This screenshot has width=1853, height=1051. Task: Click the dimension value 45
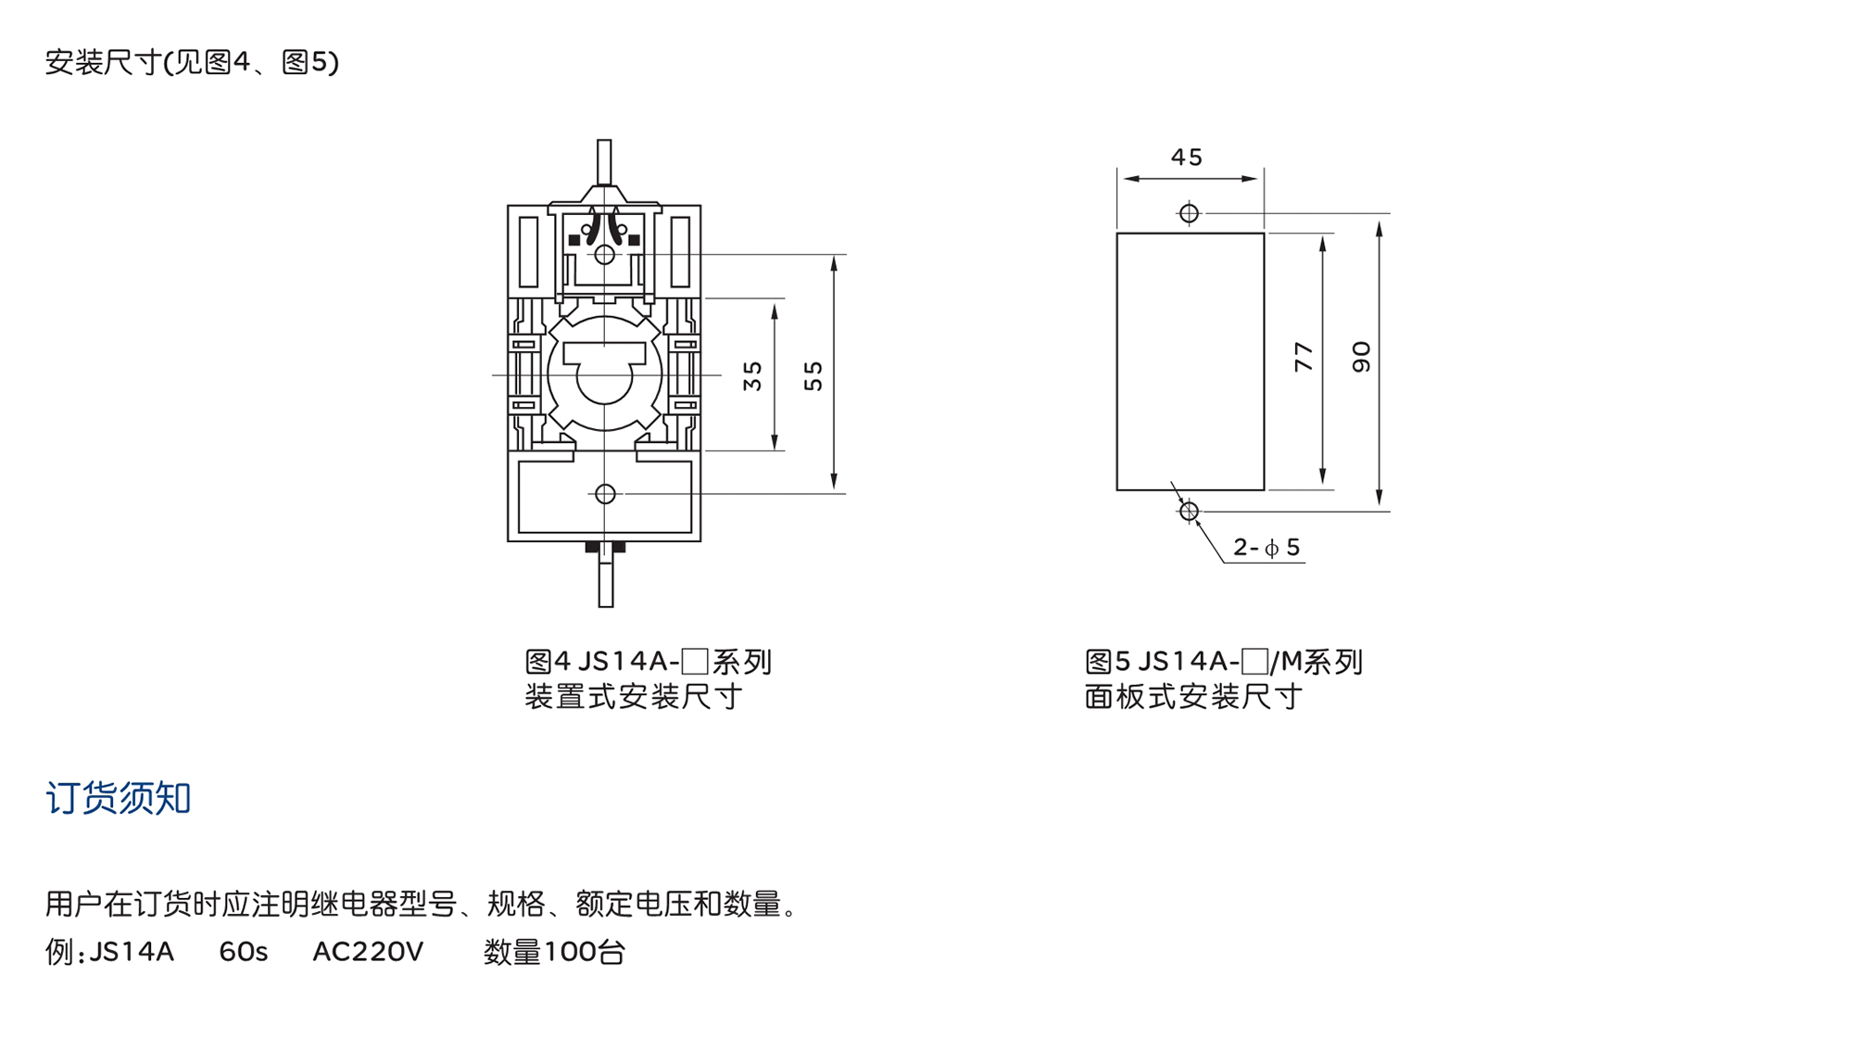click(1186, 158)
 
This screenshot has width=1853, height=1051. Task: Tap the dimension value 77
click(1304, 357)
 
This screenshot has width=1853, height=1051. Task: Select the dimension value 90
click(1360, 357)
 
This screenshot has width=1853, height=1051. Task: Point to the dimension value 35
click(752, 375)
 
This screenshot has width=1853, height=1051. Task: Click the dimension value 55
click(813, 375)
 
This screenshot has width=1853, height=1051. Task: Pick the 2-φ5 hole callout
click(1267, 548)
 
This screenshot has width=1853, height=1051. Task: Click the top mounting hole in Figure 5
click(1189, 213)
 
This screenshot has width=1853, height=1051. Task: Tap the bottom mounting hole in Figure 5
click(1189, 511)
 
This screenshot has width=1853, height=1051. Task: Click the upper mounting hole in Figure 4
click(604, 254)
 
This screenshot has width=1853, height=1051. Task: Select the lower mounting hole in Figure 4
click(605, 494)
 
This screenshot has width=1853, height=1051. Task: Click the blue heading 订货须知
click(119, 798)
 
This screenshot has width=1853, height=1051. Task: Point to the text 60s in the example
click(243, 952)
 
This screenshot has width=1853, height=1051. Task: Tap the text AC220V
click(368, 952)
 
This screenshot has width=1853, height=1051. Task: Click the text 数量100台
click(554, 952)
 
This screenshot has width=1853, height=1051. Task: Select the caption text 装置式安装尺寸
click(634, 697)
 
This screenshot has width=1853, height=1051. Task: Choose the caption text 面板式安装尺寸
click(1193, 697)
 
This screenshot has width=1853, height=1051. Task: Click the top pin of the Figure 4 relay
click(604, 162)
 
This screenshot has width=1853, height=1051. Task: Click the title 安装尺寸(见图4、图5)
click(192, 62)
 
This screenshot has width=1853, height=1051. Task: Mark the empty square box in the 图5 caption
click(1254, 662)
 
